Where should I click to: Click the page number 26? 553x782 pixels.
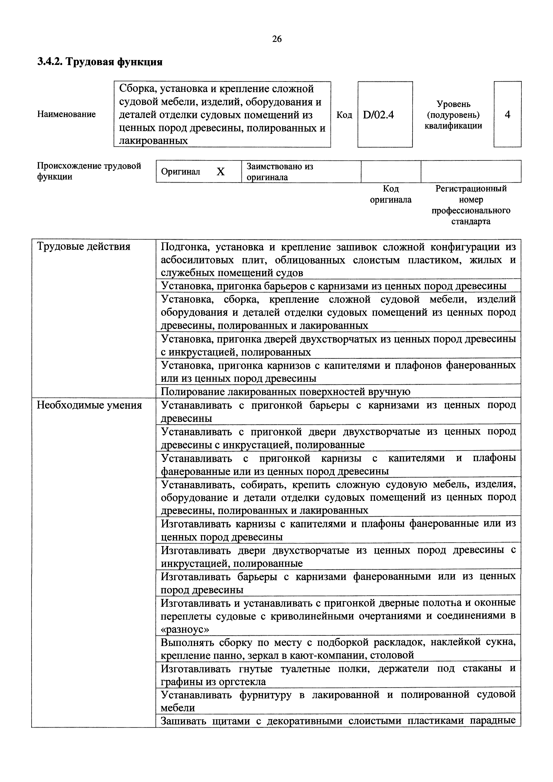click(x=277, y=39)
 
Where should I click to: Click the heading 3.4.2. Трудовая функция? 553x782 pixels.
click(x=99, y=62)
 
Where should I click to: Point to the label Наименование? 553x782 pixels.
click(x=66, y=114)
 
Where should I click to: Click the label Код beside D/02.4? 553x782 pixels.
click(x=344, y=115)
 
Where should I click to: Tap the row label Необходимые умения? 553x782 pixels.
click(x=89, y=405)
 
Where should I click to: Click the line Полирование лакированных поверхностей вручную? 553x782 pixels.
click(x=286, y=392)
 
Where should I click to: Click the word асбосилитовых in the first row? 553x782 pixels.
click(x=198, y=260)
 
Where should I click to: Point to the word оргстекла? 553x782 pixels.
click(x=242, y=682)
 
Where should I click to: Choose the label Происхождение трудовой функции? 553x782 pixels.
click(x=89, y=171)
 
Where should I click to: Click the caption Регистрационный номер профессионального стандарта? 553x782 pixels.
click(x=471, y=205)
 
